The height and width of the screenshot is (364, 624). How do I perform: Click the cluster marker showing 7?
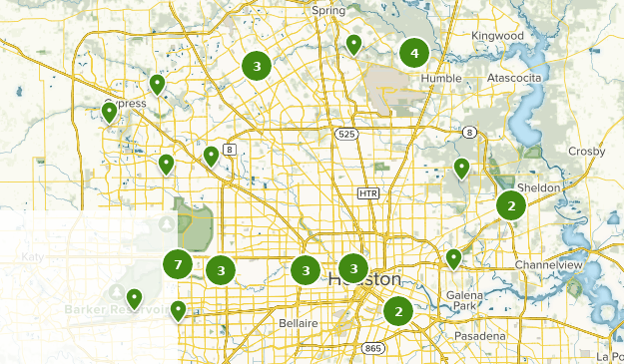[178, 264]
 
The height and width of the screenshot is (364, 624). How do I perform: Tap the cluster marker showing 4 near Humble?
[414, 53]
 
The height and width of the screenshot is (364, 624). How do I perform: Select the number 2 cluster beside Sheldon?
[511, 205]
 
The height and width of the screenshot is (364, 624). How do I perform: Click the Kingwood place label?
[497, 36]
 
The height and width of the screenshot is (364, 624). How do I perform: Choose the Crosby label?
[586, 151]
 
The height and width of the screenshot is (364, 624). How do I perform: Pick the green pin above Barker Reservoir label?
[133, 298]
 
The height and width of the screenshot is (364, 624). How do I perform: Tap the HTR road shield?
[369, 191]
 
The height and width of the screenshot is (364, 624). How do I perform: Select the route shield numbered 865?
[373, 347]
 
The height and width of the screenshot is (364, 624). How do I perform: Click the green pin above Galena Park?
[454, 258]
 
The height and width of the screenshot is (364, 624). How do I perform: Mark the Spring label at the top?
[327, 11]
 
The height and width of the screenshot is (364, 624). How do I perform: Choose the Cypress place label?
[128, 104]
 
